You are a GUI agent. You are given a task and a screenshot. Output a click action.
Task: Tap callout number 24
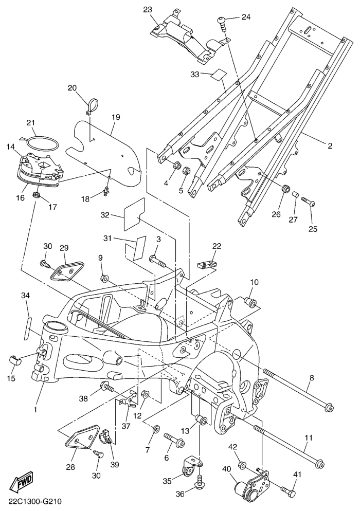pos(246,17)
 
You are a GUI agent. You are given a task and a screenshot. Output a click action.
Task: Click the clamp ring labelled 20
pos(91,103)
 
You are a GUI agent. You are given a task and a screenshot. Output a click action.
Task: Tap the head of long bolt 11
pos(318,464)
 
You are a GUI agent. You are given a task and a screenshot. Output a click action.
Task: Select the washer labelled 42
pos(242,465)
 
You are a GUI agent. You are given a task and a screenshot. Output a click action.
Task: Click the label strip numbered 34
pos(27,327)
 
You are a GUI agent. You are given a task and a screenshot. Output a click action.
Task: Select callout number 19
pos(115,117)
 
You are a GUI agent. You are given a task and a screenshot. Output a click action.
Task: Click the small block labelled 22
pos(205,265)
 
